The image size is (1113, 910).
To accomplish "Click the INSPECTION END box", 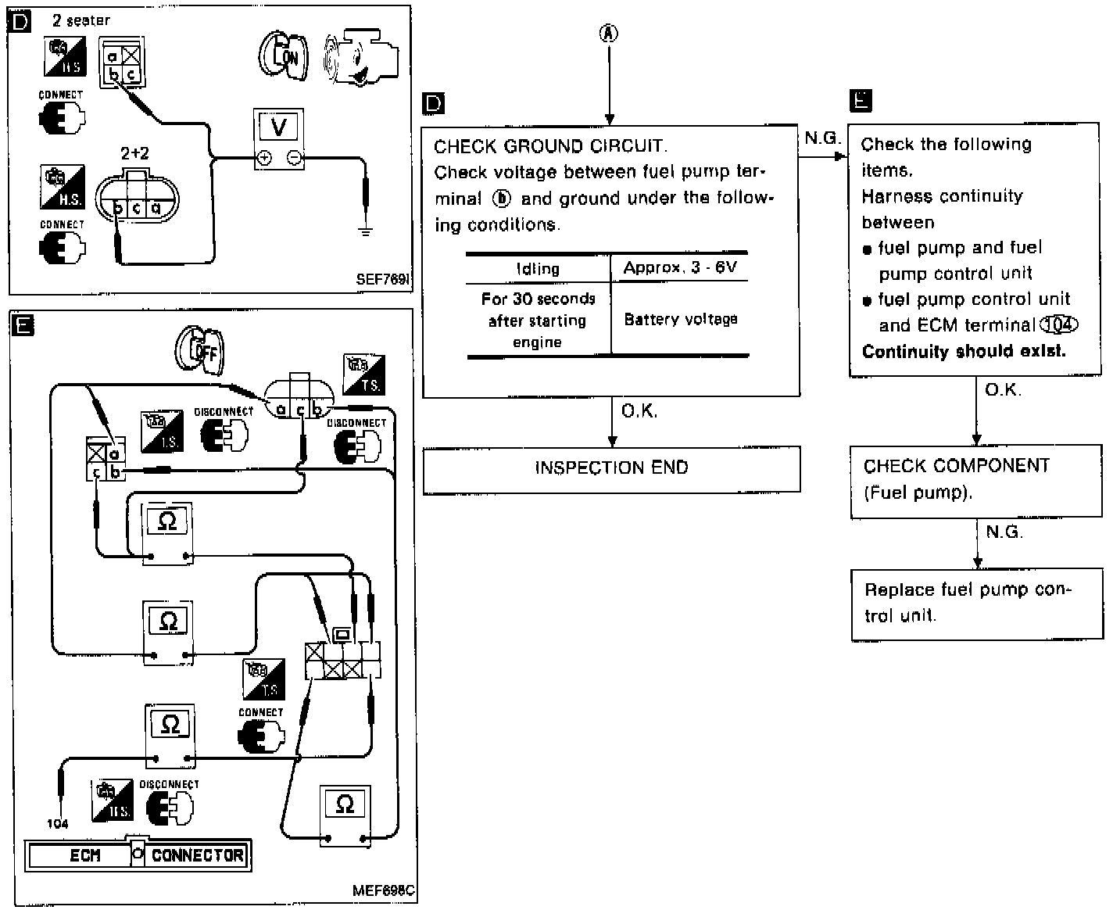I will pyautogui.click(x=611, y=469).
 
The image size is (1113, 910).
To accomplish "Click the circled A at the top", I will pyautogui.click(x=609, y=33).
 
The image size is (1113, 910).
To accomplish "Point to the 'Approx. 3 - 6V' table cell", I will pyautogui.click(x=679, y=268).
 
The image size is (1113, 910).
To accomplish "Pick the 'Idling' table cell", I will pyautogui.click(x=538, y=269).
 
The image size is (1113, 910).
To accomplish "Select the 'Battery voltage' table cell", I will pyautogui.click(x=680, y=319).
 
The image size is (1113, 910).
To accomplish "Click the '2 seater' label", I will pyautogui.click(x=81, y=20).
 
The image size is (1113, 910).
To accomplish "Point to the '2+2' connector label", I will pyautogui.click(x=136, y=153).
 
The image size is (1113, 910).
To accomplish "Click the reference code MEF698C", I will pyautogui.click(x=383, y=890).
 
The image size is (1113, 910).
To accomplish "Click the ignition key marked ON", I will pyautogui.click(x=283, y=56).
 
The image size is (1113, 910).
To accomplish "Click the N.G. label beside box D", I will pyautogui.click(x=821, y=138).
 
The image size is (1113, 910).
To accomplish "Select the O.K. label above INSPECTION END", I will pyautogui.click(x=639, y=411).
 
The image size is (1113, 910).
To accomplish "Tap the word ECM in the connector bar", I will pyautogui.click(x=84, y=855).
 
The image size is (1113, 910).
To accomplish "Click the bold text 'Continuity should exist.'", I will pyautogui.click(x=964, y=352).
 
